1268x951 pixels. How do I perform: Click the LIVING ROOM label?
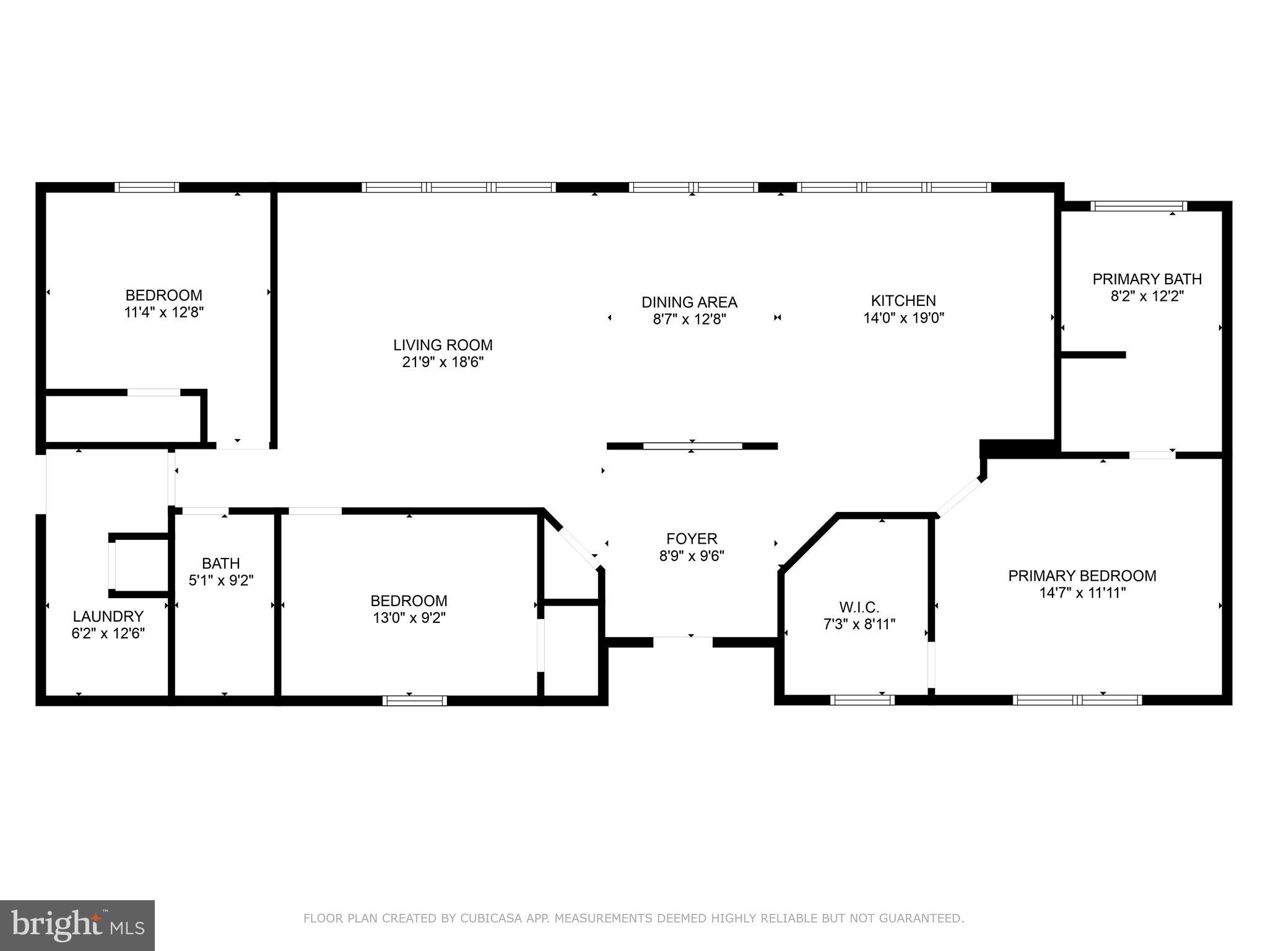coord(443,345)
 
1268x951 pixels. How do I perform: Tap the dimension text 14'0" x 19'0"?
coord(903,318)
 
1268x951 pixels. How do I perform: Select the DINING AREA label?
coord(689,302)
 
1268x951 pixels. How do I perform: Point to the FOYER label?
coord(692,539)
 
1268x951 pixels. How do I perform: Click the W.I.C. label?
coord(859,607)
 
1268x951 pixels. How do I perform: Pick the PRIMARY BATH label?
coord(1147,279)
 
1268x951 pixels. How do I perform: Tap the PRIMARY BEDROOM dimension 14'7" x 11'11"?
coord(1082,593)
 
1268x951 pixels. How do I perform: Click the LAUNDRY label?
coord(108,616)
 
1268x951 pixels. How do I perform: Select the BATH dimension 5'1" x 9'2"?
coord(221,581)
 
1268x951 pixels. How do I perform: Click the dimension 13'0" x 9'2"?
coord(409,618)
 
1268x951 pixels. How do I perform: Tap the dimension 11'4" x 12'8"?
coord(164,312)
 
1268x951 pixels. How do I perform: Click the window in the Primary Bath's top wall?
coord(1138,206)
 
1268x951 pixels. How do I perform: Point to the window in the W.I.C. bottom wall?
coord(862,700)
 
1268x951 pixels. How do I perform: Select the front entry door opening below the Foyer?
coord(683,641)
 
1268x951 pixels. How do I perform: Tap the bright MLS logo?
coord(77,925)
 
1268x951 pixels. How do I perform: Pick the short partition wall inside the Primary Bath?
coord(1093,355)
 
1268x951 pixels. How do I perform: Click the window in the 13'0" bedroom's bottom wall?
coord(414,700)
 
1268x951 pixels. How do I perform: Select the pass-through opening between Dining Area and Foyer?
coord(692,446)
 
